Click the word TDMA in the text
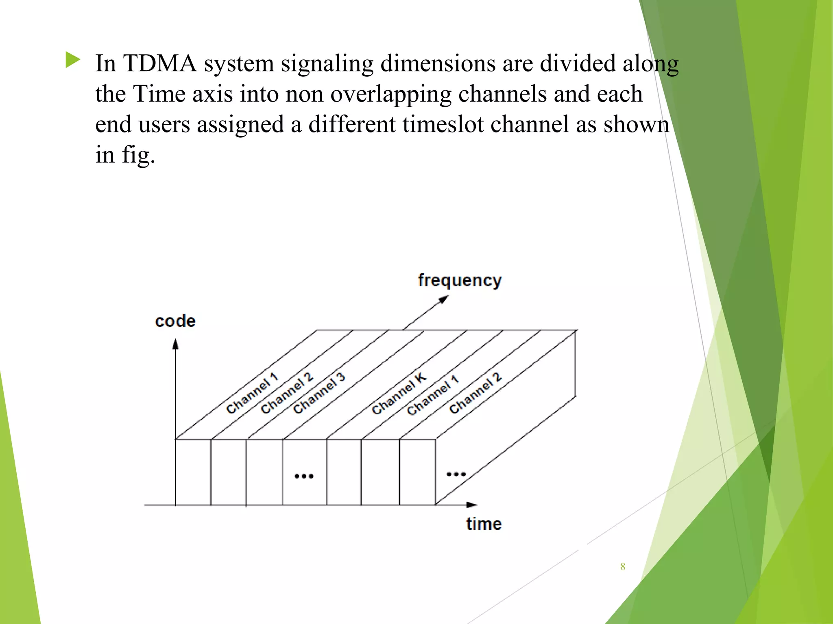tap(160, 64)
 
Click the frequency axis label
tap(460, 281)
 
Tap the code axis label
tap(175, 321)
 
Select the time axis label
tap(484, 524)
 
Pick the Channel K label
tap(399, 393)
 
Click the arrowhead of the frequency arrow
tap(444, 299)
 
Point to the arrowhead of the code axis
tap(175, 344)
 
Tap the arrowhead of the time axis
tap(472, 505)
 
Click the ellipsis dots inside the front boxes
tap(304, 476)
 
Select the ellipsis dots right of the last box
tap(456, 474)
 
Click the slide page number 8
tap(623, 567)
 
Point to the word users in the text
tap(164, 125)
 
